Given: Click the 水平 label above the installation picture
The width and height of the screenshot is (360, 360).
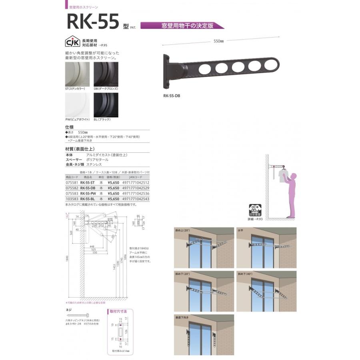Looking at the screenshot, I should pos(240,230).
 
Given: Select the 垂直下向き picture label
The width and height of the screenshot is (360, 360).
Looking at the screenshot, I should pos(182,317).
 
